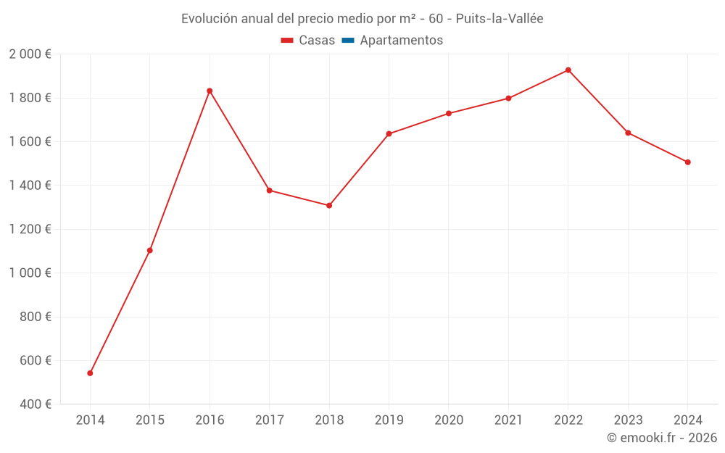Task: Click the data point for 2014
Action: click(x=90, y=373)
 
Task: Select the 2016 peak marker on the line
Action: click(x=210, y=91)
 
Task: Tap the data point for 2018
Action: click(x=329, y=206)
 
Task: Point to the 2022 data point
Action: click(x=568, y=70)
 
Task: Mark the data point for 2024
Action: click(x=687, y=162)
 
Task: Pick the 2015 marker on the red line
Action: click(x=150, y=251)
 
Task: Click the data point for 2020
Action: click(x=449, y=113)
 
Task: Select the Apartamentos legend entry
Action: click(x=401, y=41)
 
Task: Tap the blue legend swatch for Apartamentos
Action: click(x=347, y=41)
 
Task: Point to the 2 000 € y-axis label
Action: click(x=30, y=54)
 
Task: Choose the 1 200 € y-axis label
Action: click(x=30, y=229)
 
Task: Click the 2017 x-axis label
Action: click(x=269, y=420)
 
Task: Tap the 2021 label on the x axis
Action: click(x=508, y=420)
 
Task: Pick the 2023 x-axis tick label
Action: click(x=628, y=420)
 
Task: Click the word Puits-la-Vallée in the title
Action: click(x=500, y=19)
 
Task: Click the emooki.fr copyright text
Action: click(x=662, y=438)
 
